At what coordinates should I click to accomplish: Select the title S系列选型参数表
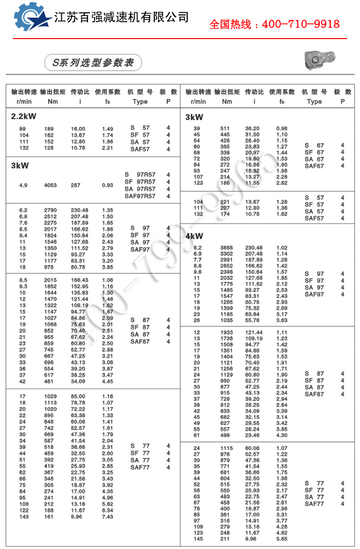pyautogui.click(x=93, y=63)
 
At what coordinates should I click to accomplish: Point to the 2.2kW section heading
pyautogui.click(x=24, y=117)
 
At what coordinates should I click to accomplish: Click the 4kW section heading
pyautogui.click(x=194, y=236)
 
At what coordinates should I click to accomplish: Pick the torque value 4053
pyautogui.click(x=50, y=185)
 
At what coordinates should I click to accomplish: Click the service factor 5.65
pyautogui.click(x=282, y=539)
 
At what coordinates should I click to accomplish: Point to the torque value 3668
pyautogui.click(x=226, y=248)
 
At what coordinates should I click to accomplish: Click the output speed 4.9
pyautogui.click(x=23, y=185)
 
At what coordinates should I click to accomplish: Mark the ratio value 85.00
pyautogui.click(x=78, y=396)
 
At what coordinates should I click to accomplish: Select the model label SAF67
pyautogui.click(x=314, y=166)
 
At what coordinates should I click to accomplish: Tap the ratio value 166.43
pyautogui.click(x=79, y=280)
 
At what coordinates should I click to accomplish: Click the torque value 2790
pyautogui.click(x=50, y=210)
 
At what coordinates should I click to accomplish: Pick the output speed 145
pyautogui.click(x=197, y=539)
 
